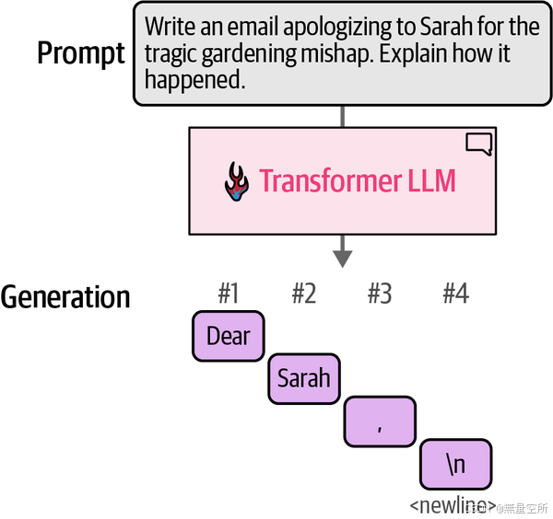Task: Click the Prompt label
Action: coord(81,53)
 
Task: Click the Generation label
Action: coord(65,297)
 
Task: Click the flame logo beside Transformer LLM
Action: coord(238,181)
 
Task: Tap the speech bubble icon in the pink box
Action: coord(479,144)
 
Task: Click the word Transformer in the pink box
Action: coord(330,180)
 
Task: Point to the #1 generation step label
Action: coord(229,294)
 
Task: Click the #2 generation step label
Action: coord(304,294)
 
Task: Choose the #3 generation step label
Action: coord(380,294)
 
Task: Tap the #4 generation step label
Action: coord(455,294)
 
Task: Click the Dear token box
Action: coord(229,336)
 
